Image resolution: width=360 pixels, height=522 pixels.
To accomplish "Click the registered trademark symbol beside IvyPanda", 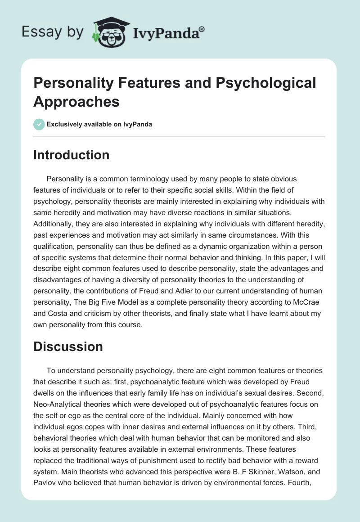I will click(202, 29).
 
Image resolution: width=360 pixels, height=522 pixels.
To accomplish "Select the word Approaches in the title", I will click(76, 101).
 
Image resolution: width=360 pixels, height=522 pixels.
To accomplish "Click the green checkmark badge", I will click(39, 124).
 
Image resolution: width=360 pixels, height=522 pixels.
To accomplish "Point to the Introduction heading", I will click(72, 155).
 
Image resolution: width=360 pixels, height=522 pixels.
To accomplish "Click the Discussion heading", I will click(68, 346).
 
